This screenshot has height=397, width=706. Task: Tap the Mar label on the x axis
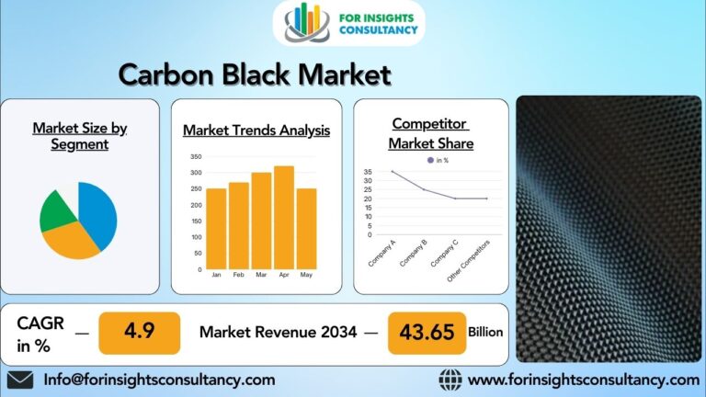[261, 275]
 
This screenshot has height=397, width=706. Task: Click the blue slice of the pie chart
[98, 213]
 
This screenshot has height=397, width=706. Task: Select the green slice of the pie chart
[57, 211]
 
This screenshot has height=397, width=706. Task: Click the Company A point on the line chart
[392, 172]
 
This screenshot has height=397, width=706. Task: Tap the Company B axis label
[413, 253]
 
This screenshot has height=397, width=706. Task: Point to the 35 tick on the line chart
[368, 172]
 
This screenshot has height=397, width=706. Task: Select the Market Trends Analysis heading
[256, 130]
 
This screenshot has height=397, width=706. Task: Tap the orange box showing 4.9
[139, 332]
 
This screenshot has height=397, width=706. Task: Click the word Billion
[485, 332]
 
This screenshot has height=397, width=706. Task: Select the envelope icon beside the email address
[20, 380]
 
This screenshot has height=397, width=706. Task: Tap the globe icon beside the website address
[450, 380]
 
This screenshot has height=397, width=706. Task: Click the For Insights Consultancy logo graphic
[307, 23]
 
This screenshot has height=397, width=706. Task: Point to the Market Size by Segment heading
[80, 136]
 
